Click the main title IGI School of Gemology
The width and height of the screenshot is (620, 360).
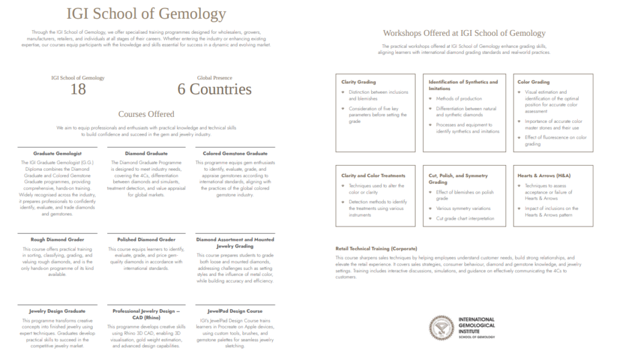[146, 14]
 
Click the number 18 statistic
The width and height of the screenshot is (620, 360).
[78, 90]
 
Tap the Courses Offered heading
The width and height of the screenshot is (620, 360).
[146, 114]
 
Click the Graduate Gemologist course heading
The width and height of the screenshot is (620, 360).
[58, 154]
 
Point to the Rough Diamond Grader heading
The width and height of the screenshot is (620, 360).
[58, 240]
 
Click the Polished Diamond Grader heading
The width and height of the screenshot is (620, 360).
[146, 240]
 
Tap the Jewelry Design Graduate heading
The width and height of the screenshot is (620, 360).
[58, 311]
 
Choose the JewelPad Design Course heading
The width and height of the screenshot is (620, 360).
[235, 311]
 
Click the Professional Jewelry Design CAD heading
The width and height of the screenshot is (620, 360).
[146, 314]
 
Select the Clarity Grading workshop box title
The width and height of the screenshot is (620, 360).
[358, 82]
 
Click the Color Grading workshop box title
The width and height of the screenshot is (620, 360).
[533, 82]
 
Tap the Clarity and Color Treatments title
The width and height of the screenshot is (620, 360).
[373, 175]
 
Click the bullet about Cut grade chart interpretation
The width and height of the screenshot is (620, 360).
[465, 218]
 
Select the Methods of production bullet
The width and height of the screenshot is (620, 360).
[459, 99]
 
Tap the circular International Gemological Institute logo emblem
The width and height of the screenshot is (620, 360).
[441, 328]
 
